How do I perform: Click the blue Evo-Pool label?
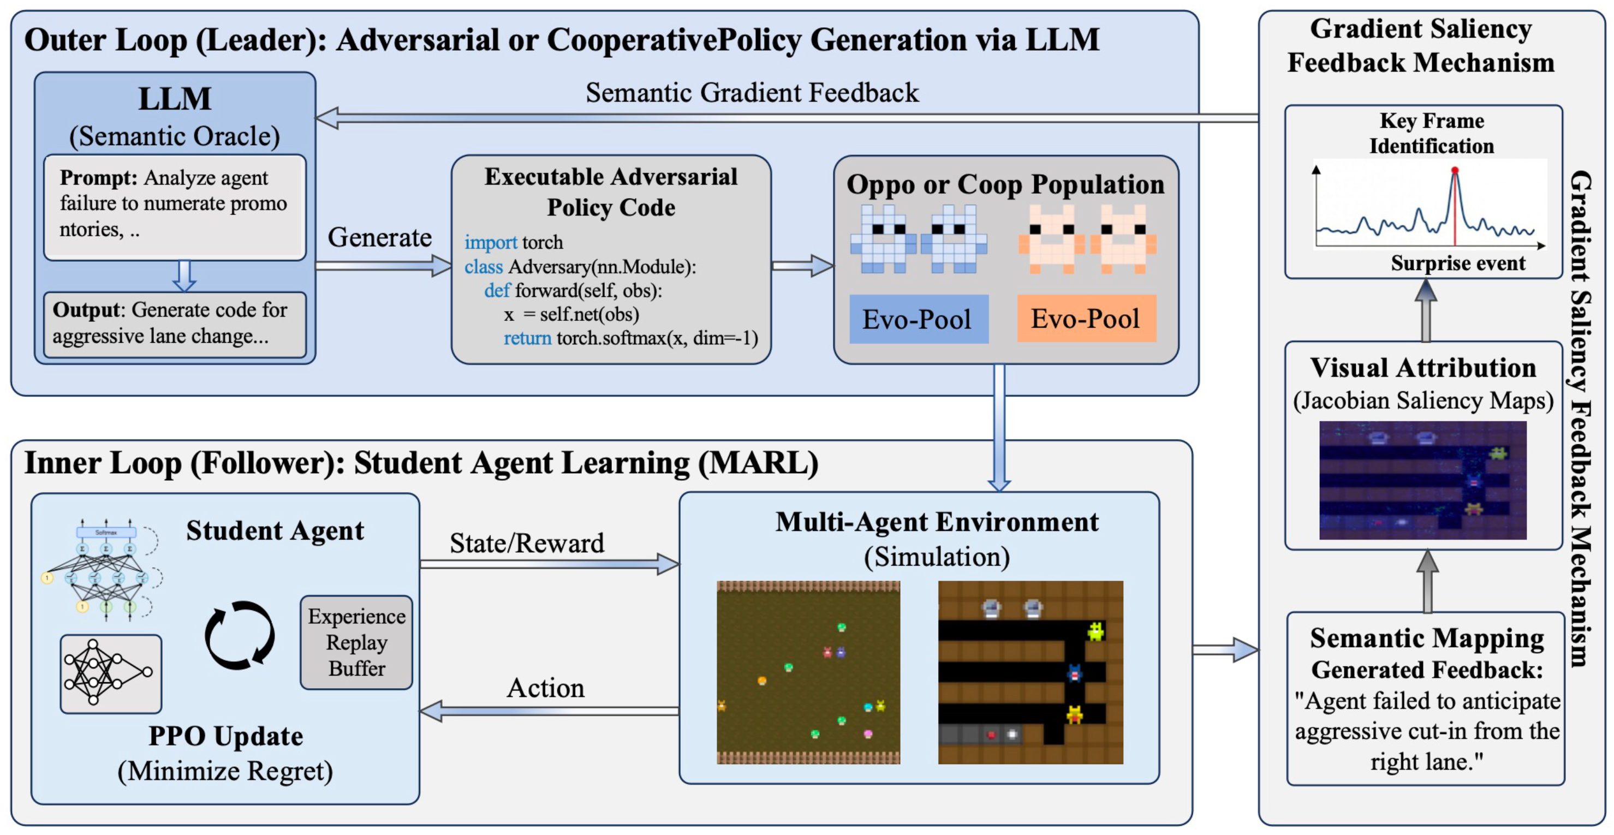click(x=918, y=319)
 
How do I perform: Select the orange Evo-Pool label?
click(x=1086, y=319)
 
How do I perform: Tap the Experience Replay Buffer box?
click(x=356, y=643)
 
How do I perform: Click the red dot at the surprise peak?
click(x=1455, y=170)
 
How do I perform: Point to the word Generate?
click(x=380, y=238)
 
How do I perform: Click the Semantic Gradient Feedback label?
click(x=752, y=93)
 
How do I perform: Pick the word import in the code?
click(x=491, y=242)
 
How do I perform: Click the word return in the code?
click(x=527, y=338)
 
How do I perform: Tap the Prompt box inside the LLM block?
click(x=174, y=207)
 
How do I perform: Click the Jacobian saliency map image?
click(x=1422, y=480)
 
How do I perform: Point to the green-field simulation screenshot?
click(x=808, y=672)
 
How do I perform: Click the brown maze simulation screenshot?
click(x=1030, y=672)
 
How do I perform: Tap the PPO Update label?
click(x=225, y=737)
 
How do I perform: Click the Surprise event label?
click(x=1458, y=264)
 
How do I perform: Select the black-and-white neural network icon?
click(x=111, y=673)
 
